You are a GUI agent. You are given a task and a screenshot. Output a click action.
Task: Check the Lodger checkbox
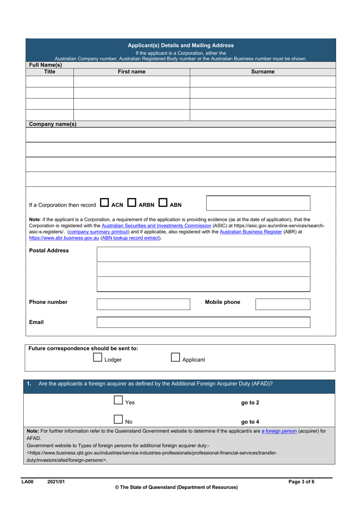(x=98, y=358)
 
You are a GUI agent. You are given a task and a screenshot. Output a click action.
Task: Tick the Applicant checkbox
(x=175, y=358)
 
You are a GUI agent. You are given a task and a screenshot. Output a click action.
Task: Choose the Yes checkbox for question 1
(x=118, y=400)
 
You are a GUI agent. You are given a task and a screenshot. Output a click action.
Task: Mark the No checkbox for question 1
(x=118, y=420)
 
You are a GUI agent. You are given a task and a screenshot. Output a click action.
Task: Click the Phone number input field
(x=143, y=304)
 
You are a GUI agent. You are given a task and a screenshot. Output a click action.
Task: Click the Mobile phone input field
(x=283, y=304)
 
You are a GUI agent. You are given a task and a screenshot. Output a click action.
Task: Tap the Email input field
(x=203, y=323)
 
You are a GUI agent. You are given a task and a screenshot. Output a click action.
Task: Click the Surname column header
(x=263, y=72)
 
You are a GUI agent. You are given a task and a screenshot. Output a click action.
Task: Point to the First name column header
(x=131, y=72)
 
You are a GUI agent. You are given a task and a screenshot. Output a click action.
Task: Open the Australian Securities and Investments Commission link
(x=156, y=226)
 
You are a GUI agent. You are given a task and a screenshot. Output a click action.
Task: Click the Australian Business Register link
(x=251, y=232)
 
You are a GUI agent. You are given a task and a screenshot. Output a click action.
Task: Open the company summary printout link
(x=99, y=232)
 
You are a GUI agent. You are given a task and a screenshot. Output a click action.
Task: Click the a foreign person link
(x=279, y=431)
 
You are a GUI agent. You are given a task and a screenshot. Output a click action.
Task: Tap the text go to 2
(x=250, y=403)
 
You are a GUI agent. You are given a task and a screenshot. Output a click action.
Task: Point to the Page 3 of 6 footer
(x=301, y=482)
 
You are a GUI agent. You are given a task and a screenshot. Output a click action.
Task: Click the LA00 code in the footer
(x=27, y=482)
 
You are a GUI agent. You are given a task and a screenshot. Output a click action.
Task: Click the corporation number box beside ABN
(x=258, y=203)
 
